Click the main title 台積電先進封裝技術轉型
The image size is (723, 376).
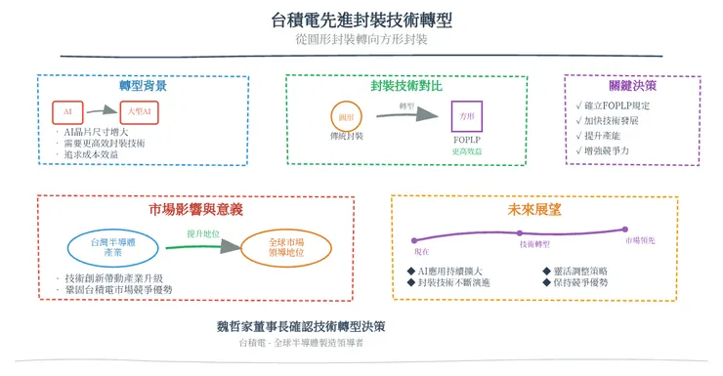pos(361,20)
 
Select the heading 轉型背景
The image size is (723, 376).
pos(143,86)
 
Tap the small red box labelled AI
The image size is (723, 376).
pos(67,112)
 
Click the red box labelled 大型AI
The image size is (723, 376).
pos(140,112)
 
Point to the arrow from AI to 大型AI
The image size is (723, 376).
pos(104,112)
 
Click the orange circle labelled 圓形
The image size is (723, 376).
pos(346,115)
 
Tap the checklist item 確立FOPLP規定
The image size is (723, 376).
pos(616,104)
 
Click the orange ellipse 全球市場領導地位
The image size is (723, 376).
pos(285,245)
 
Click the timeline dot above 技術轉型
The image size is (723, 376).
pos(520,232)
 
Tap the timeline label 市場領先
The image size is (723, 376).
pos(640,241)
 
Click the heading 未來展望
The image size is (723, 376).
pos(533,208)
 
